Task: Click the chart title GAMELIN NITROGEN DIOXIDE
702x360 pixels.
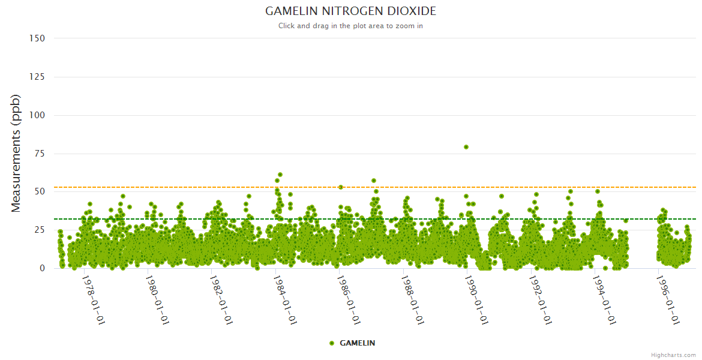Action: (x=351, y=11)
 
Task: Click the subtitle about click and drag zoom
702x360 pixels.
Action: (x=351, y=26)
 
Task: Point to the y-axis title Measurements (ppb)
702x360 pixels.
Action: (x=16, y=153)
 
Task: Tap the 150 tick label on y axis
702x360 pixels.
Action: (x=37, y=38)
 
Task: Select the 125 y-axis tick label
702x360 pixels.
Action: (x=37, y=77)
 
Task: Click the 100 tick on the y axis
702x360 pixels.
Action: (x=37, y=115)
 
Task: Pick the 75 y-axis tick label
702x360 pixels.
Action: (x=39, y=154)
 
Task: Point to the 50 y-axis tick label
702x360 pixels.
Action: (x=39, y=192)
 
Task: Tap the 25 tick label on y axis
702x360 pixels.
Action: (x=39, y=230)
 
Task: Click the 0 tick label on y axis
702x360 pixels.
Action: (x=41, y=268)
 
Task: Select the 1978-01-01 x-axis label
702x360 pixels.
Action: (x=93, y=300)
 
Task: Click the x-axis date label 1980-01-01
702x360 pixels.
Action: (x=157, y=300)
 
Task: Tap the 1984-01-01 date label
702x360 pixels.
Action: (x=285, y=300)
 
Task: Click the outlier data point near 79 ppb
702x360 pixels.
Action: (x=466, y=147)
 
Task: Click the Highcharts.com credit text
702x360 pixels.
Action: (x=673, y=355)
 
